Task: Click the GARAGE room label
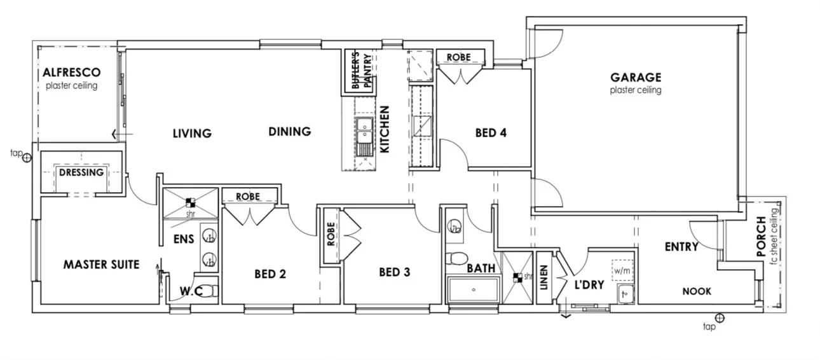636,78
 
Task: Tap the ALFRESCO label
71,73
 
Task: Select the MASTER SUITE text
101,265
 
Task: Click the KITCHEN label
385,130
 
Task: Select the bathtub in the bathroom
473,290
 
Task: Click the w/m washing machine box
623,270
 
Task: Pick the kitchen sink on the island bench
364,133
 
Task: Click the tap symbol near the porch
719,318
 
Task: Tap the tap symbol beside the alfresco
26,157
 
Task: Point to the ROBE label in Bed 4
458,57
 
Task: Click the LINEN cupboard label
543,277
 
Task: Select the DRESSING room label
81,172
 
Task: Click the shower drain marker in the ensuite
190,203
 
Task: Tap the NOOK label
697,291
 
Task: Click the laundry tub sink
625,294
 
